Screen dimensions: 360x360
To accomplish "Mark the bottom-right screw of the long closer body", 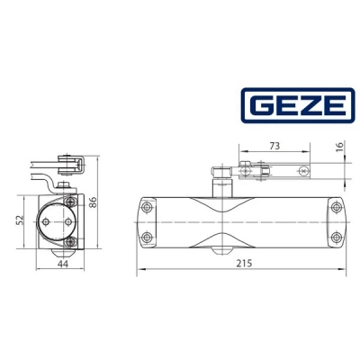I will pos(336,238).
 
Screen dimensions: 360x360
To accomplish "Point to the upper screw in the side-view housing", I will pos(74,203).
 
